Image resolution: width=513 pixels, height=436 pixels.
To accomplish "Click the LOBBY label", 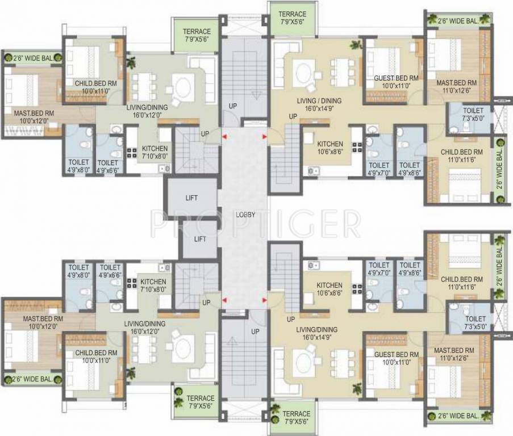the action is (245, 215).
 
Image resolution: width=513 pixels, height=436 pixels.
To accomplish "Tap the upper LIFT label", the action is (191, 198).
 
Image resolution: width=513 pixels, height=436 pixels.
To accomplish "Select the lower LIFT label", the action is (200, 239).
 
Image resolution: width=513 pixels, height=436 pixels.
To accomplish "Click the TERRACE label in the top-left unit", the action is (197, 35).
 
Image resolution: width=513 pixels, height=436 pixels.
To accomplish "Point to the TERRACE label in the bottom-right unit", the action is (297, 417).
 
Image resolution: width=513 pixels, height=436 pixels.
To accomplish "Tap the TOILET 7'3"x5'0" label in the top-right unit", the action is (473, 114).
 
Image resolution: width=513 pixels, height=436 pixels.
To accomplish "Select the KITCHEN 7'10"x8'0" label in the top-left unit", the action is (155, 152).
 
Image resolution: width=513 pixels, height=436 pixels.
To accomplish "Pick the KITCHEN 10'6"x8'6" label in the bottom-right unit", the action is (330, 290).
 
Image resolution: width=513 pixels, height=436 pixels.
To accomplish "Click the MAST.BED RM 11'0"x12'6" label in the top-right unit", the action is (457, 87).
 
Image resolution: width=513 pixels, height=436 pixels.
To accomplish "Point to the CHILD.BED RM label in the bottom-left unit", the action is (96, 353).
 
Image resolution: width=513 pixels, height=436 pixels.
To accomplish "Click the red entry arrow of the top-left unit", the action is (224, 137).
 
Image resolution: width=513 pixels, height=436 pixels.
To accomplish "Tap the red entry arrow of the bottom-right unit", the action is (264, 300).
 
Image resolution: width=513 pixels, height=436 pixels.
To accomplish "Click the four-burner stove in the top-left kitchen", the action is (132, 153).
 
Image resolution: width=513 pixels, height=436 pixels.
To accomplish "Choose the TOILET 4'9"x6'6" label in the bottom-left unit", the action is (110, 271).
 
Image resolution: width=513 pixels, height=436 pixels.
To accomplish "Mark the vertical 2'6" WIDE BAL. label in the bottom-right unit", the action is (499, 266).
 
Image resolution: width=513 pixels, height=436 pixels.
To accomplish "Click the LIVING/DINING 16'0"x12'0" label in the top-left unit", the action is (147, 111).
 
